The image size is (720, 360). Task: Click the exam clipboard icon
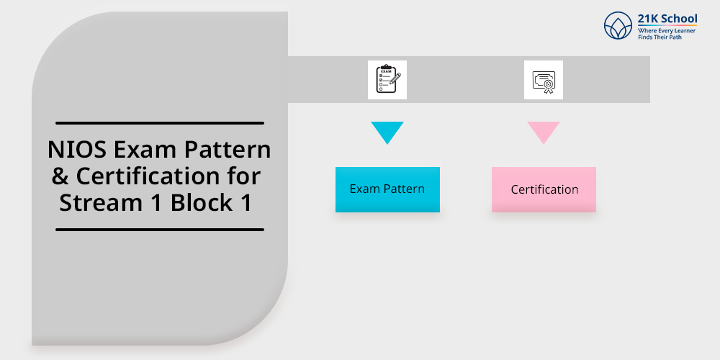[x=387, y=79]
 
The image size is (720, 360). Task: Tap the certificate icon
[x=544, y=80]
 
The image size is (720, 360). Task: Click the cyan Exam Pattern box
[x=387, y=189]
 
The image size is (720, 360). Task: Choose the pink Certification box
[x=544, y=189]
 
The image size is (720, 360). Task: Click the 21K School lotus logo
[x=618, y=26]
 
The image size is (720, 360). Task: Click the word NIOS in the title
[x=73, y=150]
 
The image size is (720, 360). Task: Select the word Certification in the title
[x=168, y=176]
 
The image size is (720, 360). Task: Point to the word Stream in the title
[x=99, y=202]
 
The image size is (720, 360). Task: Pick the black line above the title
[x=160, y=123]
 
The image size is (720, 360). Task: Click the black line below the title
[x=160, y=230]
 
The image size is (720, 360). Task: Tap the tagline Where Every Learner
[x=667, y=30]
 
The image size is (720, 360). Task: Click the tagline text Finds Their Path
[x=660, y=37]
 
